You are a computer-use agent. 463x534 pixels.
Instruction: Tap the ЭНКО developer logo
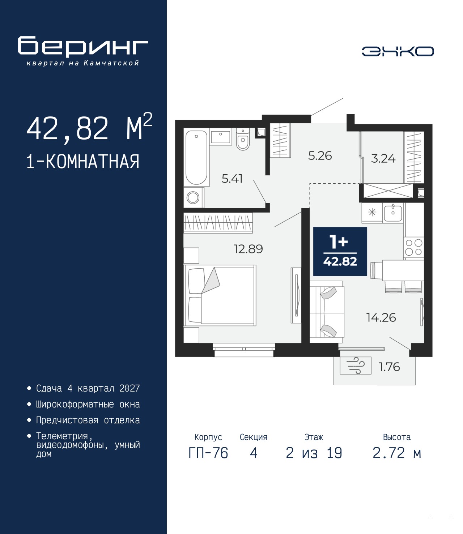point(398,51)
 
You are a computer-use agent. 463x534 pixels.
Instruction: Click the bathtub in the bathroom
point(196,158)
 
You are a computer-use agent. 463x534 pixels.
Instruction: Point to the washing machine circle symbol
point(193,198)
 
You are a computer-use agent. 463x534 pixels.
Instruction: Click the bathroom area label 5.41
point(232,179)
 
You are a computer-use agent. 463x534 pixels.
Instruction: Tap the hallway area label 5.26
point(320,156)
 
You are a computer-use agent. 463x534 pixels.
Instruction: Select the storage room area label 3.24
point(383,159)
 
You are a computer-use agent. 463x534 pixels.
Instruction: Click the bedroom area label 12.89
point(248,249)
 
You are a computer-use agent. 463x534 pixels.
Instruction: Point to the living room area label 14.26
point(381,317)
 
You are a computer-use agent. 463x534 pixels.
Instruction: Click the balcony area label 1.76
point(389,367)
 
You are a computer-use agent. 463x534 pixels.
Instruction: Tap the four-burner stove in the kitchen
point(413,247)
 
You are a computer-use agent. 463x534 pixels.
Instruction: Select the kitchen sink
point(393,213)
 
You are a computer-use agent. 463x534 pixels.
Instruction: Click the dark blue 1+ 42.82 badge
point(340,251)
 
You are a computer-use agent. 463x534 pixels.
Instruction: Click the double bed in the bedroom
point(220,295)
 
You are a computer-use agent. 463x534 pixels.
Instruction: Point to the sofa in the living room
point(327,312)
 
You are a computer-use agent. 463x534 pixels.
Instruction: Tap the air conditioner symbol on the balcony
point(356,366)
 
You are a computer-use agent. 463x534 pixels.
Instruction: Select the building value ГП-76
point(208,453)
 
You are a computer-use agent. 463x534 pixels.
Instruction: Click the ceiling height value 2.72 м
point(397,453)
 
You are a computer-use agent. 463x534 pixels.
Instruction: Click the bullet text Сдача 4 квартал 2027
point(88,388)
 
